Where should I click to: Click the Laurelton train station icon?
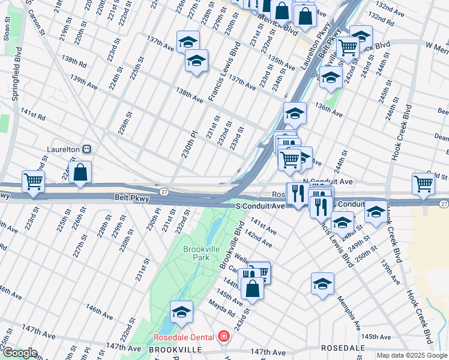pyautogui.click(x=87, y=149)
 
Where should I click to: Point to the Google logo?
pyautogui.click(x=19, y=353)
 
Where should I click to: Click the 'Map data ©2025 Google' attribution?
pyautogui.click(x=412, y=355)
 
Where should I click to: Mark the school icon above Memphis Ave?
pyautogui.click(x=322, y=283)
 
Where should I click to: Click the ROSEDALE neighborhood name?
pyautogui.click(x=343, y=348)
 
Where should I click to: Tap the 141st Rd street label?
pyautogui.click(x=33, y=114)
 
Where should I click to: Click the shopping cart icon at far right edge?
pyautogui.click(x=423, y=185)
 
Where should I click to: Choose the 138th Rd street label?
pyautogui.click(x=73, y=61)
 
